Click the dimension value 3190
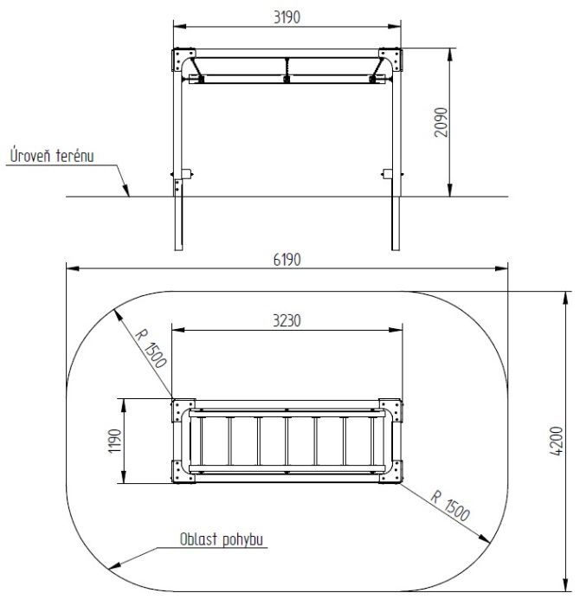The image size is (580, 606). [287, 17]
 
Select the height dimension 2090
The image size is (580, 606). [441, 122]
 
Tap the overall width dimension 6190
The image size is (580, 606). [287, 260]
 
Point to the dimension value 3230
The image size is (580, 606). [287, 321]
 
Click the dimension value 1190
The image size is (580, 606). [115, 441]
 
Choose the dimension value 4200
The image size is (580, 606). [557, 441]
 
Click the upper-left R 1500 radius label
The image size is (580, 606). [151, 348]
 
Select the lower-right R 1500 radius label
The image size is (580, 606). [450, 506]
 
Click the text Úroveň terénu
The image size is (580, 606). [52, 156]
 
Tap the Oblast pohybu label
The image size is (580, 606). [222, 539]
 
